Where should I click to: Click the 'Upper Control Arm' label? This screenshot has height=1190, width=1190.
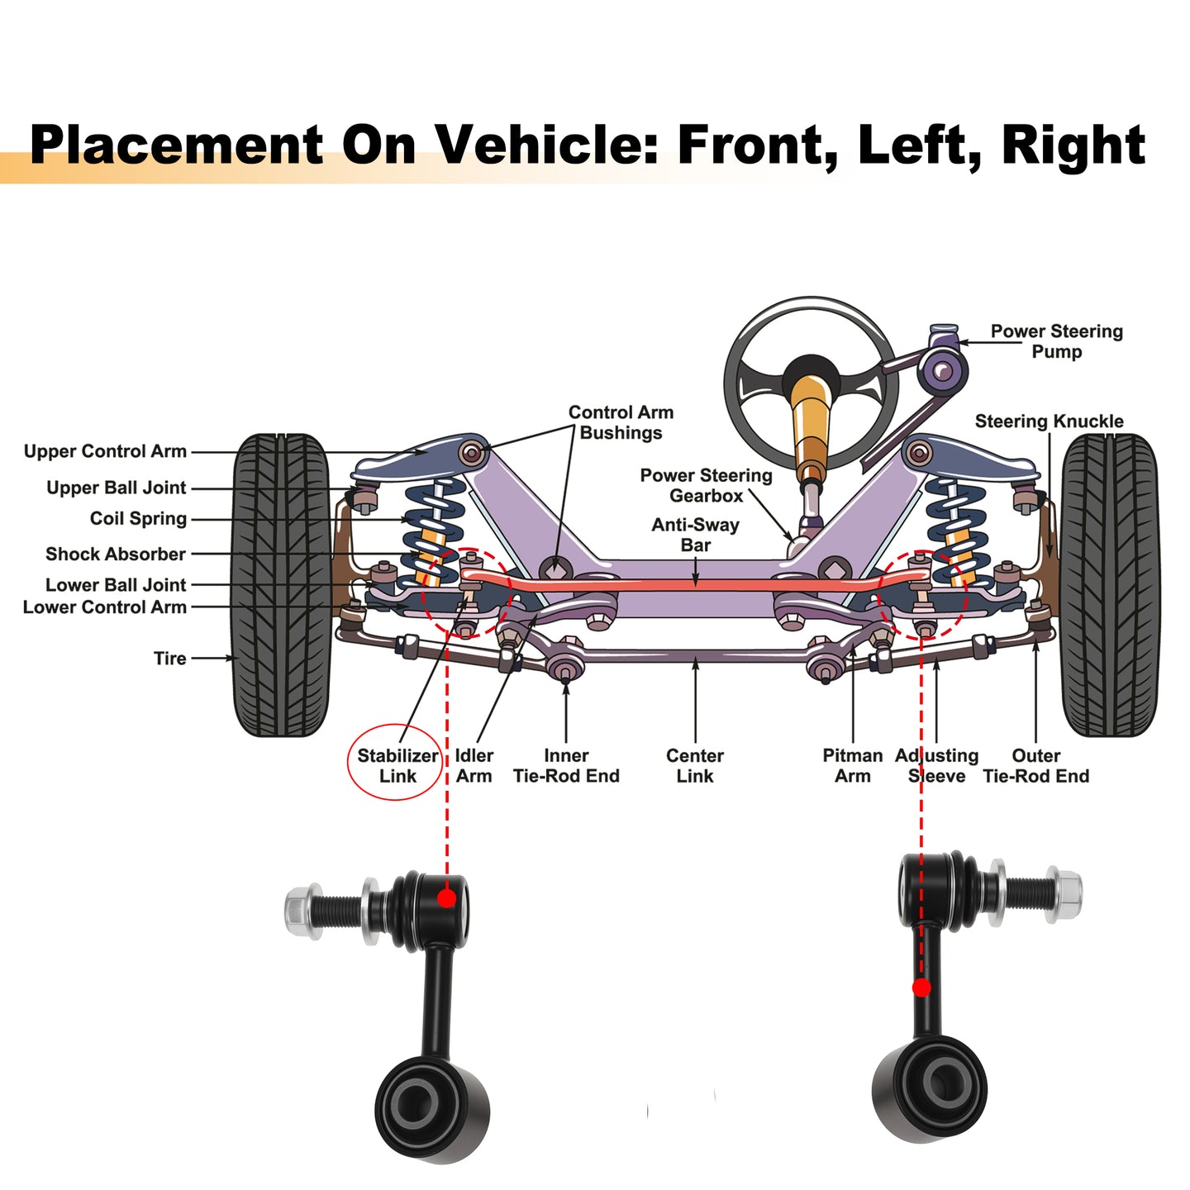coord(105,451)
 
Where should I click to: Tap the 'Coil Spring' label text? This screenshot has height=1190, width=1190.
coord(138,518)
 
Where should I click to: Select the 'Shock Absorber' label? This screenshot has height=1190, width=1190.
coord(116,554)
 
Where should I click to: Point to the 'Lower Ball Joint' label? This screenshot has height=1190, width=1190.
coord(116,584)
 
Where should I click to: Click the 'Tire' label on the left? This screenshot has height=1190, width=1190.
coord(170,659)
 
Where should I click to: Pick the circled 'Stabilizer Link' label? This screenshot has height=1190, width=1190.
coord(397,766)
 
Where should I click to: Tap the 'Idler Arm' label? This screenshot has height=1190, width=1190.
coord(474,766)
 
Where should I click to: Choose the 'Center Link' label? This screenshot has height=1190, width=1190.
coord(695,766)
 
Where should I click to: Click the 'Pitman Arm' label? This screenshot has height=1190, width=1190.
coord(852,766)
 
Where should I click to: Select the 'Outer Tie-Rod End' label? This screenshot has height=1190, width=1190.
coord(1035,766)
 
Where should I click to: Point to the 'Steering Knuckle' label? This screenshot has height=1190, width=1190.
coord(1049,421)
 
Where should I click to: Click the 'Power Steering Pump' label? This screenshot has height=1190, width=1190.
coord(1057,341)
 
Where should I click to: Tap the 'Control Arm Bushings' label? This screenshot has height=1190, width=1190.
coord(621,422)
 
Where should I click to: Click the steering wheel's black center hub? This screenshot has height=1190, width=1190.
coord(810,373)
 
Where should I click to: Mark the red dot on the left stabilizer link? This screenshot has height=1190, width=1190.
coord(446,898)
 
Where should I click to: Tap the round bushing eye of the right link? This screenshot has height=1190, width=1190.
coord(930,1091)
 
